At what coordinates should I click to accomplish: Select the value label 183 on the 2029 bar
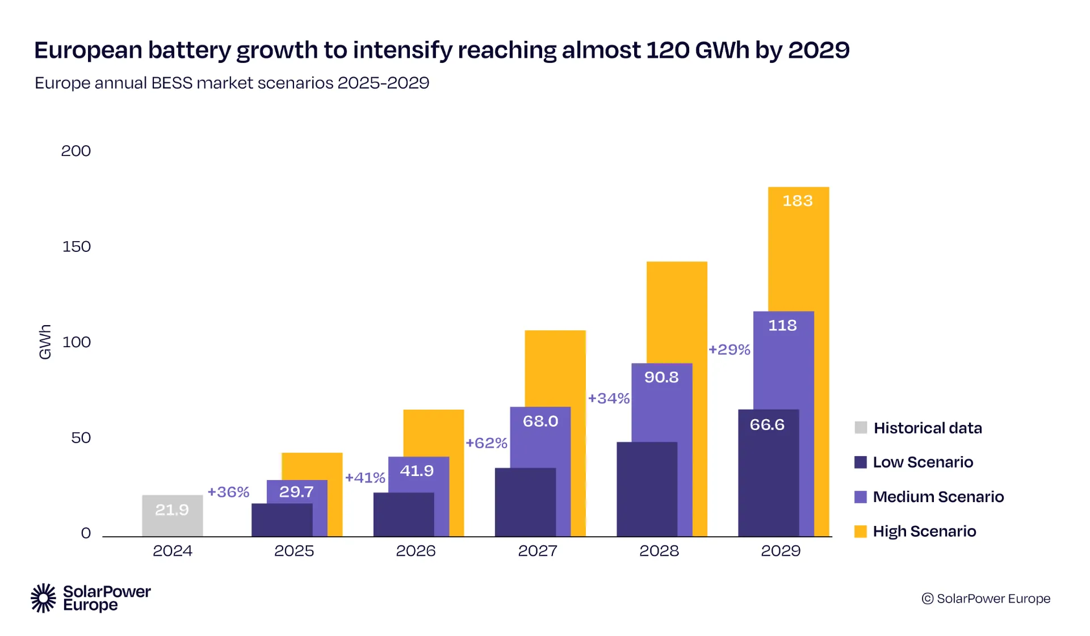(x=798, y=201)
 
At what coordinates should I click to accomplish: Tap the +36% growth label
(x=228, y=492)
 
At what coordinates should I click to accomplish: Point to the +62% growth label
(x=486, y=443)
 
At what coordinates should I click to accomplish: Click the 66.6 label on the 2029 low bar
(x=767, y=425)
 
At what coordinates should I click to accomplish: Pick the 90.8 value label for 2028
(x=661, y=377)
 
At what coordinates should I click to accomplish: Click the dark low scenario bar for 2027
(x=525, y=502)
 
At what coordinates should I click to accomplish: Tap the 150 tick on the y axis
(x=76, y=247)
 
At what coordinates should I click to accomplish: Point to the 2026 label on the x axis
(x=416, y=551)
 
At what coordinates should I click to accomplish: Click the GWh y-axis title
(x=45, y=342)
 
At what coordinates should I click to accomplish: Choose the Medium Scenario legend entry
(x=938, y=497)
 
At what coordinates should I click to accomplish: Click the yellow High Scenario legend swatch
(x=861, y=532)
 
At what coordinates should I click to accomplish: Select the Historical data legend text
(x=928, y=428)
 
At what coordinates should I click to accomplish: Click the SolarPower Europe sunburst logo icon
(x=43, y=598)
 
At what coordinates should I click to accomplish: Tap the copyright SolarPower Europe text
(x=986, y=599)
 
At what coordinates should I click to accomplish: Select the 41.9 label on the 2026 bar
(x=417, y=471)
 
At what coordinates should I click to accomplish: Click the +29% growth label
(x=730, y=349)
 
